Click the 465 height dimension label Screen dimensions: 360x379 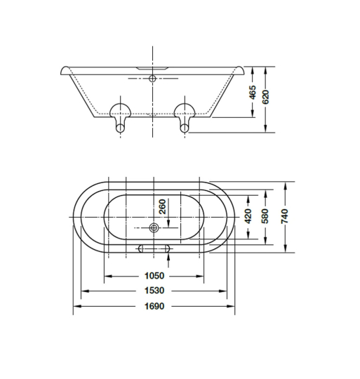(x=253, y=92)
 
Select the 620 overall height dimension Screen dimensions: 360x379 (x=265, y=97)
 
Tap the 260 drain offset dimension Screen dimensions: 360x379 (x=163, y=206)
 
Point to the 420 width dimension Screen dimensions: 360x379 (x=248, y=216)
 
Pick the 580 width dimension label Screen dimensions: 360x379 (x=265, y=216)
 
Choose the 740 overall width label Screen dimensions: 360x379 (x=285, y=216)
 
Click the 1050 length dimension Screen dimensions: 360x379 (x=154, y=276)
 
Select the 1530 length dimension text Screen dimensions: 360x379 (x=154, y=291)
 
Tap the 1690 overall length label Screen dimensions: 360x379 (x=154, y=306)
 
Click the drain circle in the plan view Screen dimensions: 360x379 (x=154, y=227)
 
